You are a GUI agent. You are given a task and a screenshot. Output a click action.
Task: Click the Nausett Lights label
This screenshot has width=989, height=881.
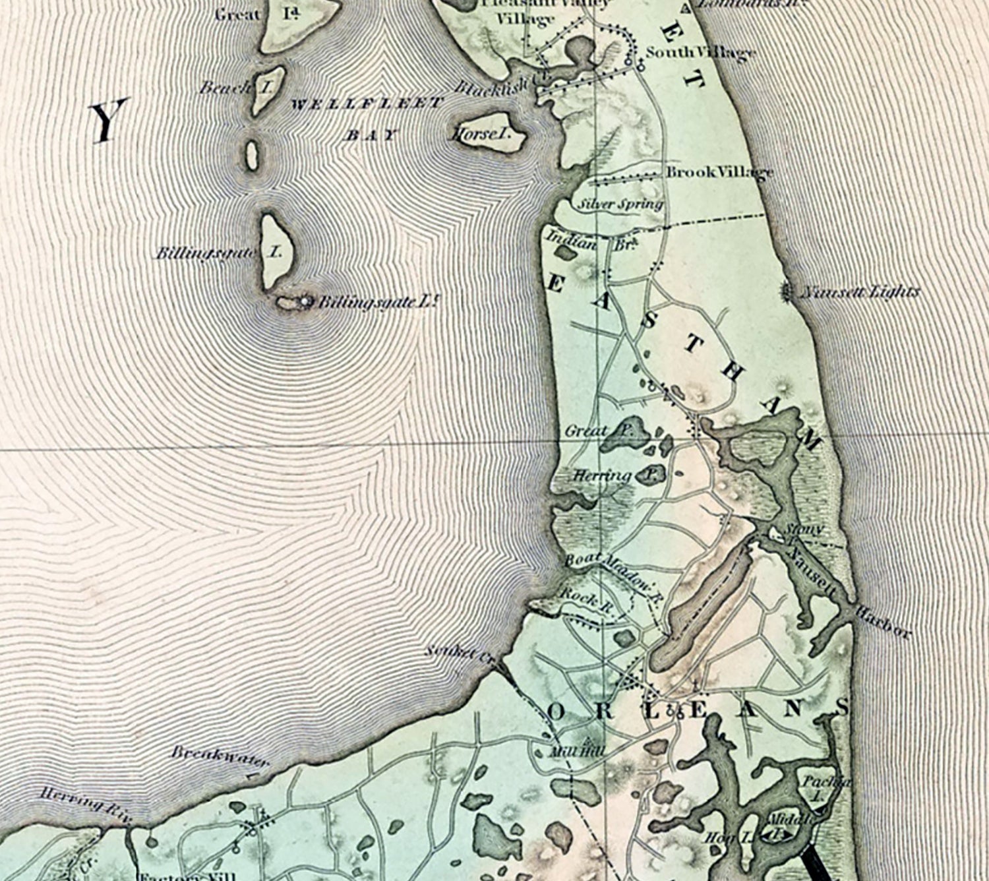[859, 292]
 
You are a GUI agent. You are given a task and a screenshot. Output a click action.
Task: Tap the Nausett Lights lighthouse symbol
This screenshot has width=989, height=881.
[787, 291]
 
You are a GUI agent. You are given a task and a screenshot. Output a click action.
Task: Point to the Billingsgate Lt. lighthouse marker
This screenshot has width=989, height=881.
[305, 301]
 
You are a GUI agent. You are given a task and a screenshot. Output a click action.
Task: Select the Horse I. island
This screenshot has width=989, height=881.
[489, 135]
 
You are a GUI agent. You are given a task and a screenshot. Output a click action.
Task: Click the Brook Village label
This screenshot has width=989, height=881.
[719, 173]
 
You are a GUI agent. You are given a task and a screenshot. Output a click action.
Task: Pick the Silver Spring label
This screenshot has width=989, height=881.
[620, 204]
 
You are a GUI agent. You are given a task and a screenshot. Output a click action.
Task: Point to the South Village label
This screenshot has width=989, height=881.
[700, 53]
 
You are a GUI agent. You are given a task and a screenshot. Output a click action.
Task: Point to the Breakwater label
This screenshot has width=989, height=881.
[220, 757]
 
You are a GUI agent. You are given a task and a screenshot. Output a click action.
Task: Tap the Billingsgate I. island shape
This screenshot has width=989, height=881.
[272, 251]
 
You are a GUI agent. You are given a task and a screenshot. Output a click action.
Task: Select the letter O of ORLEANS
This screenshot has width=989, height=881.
[557, 712]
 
